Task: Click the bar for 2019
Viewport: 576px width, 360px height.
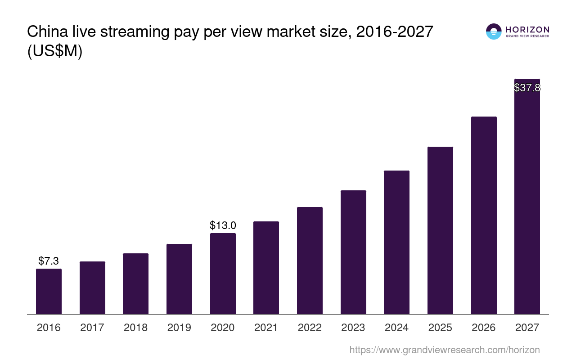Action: click(x=179, y=279)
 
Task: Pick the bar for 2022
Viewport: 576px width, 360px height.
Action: click(x=310, y=261)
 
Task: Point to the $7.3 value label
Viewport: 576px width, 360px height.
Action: click(x=49, y=261)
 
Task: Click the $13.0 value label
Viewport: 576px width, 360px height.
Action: click(x=223, y=225)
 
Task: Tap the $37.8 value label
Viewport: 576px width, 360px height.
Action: click(x=527, y=88)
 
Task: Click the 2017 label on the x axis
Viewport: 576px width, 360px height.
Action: click(x=92, y=328)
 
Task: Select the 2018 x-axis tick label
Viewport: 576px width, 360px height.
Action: click(x=135, y=328)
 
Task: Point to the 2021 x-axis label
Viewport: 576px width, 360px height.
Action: click(x=266, y=328)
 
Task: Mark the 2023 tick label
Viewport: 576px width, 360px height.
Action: click(x=353, y=328)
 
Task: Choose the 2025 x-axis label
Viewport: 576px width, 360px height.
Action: click(x=440, y=328)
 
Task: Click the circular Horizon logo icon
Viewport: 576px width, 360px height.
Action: click(x=494, y=31)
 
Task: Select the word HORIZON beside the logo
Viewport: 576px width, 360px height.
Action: click(x=527, y=29)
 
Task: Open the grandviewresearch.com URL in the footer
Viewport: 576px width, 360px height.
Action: click(x=444, y=350)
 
